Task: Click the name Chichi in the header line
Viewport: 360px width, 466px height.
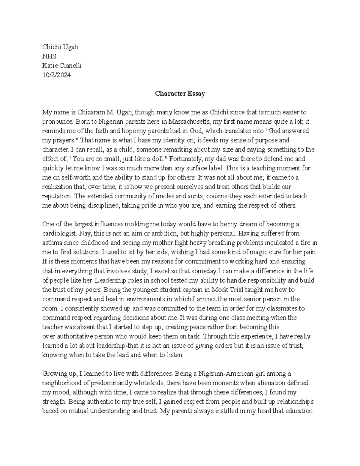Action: point(51,47)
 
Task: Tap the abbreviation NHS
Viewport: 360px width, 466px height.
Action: point(49,56)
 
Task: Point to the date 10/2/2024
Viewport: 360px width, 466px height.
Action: point(56,75)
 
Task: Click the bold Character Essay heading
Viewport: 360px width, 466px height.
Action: point(180,94)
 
